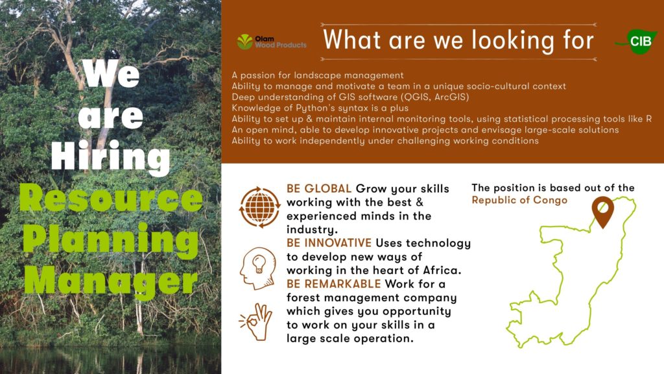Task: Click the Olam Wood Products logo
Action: tap(272, 42)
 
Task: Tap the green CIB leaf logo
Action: tap(637, 42)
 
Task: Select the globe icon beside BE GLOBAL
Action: tap(259, 207)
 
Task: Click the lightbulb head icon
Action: tap(258, 268)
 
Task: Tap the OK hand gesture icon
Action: tap(256, 322)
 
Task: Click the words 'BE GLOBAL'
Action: tap(319, 189)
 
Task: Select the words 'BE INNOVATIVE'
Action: tap(329, 243)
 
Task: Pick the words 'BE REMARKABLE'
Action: tap(334, 284)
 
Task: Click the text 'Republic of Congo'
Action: tap(519, 200)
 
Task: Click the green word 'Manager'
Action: tap(111, 280)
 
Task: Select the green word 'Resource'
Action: tap(111, 199)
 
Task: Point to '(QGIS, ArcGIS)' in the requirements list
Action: tap(435, 97)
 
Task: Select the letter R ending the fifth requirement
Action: tap(648, 119)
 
